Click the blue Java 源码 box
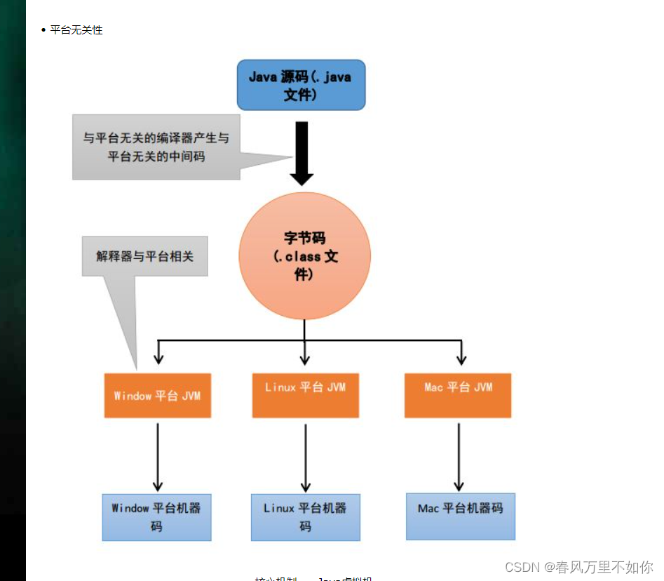301,85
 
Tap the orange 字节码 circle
304,255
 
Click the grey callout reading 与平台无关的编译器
156,147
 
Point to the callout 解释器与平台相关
144,256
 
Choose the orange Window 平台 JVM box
158,396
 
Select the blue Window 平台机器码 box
156,517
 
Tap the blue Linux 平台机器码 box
306,517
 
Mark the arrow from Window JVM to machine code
158,456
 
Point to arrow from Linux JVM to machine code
306,456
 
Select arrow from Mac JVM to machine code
459,456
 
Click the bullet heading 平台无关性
76,30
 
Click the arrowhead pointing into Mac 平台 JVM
461,359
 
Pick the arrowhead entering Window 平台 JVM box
158,359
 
